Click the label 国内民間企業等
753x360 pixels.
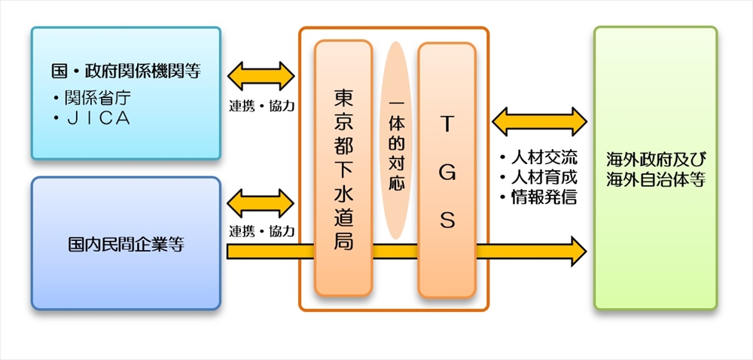point(126,244)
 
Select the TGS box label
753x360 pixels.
point(447,169)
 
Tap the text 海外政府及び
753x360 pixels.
point(655,160)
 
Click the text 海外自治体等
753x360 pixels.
point(655,180)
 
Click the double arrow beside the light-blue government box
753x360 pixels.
point(261,76)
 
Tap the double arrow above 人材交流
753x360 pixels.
point(538,121)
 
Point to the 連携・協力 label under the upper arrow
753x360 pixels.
point(261,105)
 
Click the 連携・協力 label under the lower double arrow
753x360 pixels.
point(261,230)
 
